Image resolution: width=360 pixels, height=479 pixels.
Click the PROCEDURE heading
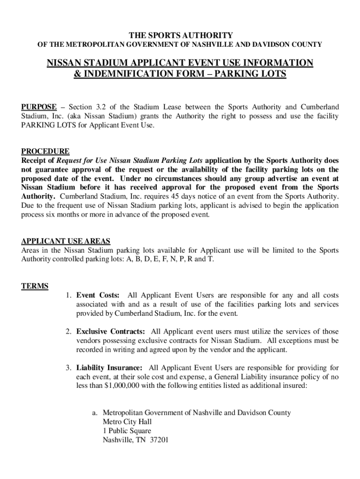click(x=45, y=151)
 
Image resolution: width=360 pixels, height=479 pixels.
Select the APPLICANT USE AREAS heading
click(x=66, y=241)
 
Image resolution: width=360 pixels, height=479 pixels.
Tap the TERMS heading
click(x=35, y=286)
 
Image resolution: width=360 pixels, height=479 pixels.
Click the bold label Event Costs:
click(x=98, y=295)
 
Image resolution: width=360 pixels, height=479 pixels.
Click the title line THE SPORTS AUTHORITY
click(x=180, y=36)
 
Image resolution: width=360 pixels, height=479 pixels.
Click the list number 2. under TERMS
click(x=68, y=332)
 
